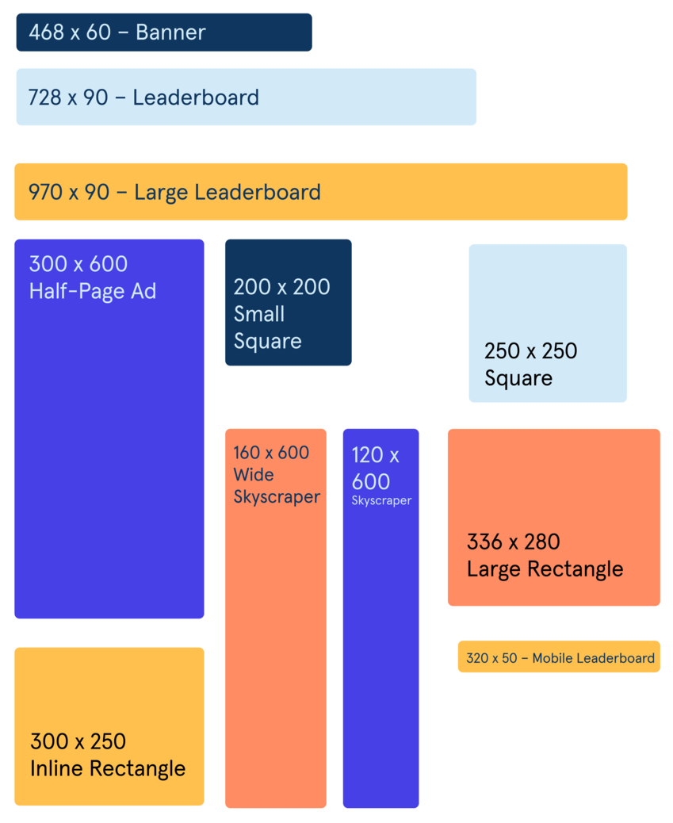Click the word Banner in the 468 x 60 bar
170,33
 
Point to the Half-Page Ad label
93,291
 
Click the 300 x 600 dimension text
78,264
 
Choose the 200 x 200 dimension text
281,287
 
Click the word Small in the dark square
259,314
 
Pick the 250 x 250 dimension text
530,351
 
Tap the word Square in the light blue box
518,378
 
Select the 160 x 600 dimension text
271,453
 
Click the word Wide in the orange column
254,475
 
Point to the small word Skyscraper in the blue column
381,501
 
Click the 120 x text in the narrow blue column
375,455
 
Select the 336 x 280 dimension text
513,542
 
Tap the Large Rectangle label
545,569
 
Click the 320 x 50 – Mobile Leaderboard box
559,657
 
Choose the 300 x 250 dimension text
78,742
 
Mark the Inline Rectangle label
108,768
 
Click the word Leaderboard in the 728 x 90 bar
196,98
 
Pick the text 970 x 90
69,192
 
